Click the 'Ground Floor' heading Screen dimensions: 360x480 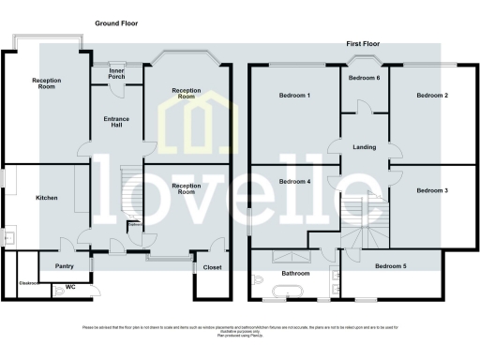115,22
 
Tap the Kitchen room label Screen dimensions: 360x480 47,199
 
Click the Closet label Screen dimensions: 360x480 212,267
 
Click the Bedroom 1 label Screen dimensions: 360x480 295,97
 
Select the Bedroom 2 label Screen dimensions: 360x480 432,97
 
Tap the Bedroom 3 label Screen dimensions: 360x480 432,190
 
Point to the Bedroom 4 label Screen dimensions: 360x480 295,181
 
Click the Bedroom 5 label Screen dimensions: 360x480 391,266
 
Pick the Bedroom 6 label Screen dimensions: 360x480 364,79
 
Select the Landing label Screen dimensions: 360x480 364,147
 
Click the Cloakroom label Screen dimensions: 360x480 27,283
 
